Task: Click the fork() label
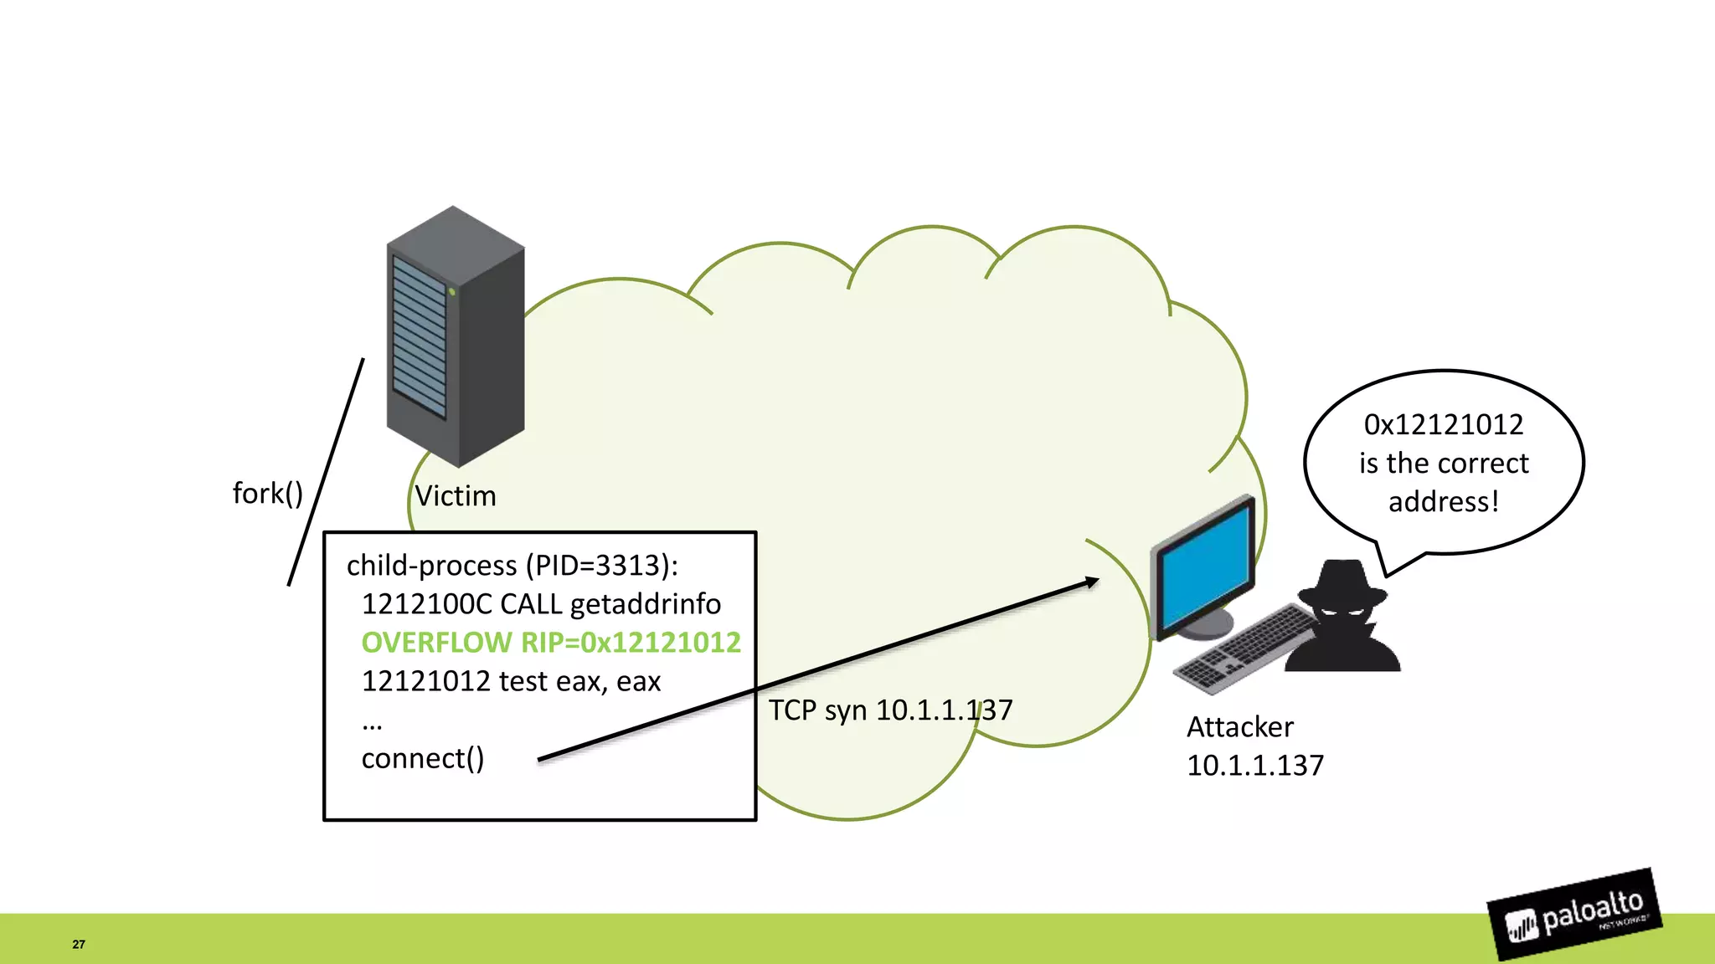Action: (x=267, y=494)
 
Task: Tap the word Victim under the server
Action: (x=456, y=496)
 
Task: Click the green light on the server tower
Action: (x=451, y=292)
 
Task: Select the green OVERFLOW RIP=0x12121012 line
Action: (x=551, y=643)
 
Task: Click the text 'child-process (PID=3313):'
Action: (x=512, y=566)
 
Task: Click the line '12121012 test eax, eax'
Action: (x=511, y=681)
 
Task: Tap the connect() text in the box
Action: (x=422, y=758)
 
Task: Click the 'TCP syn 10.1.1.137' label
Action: (x=890, y=710)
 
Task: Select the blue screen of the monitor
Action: (x=1204, y=567)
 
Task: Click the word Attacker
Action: (x=1239, y=727)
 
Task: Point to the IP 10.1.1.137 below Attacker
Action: (x=1254, y=766)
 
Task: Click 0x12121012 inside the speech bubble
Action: (x=1443, y=425)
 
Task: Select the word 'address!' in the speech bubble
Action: (x=1443, y=502)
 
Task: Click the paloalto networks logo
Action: (x=1575, y=915)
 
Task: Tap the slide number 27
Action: (x=79, y=944)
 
